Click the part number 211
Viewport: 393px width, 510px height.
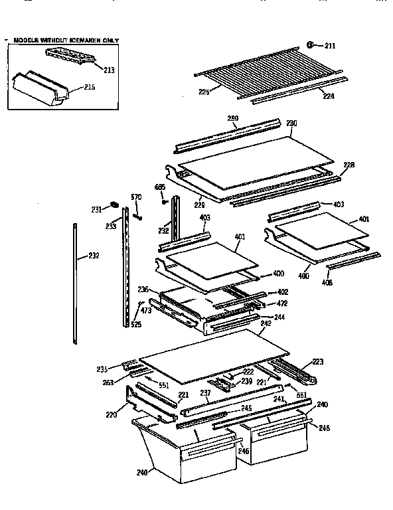(x=330, y=46)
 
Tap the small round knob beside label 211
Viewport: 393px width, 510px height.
(x=310, y=45)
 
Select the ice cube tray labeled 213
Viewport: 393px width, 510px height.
(x=74, y=58)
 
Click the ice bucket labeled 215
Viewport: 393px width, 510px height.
(x=44, y=87)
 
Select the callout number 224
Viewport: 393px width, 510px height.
(x=329, y=96)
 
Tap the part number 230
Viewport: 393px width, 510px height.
(x=291, y=123)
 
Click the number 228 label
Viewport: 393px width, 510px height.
(x=349, y=164)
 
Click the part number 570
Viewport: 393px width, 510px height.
(x=136, y=196)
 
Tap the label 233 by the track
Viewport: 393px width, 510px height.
(x=110, y=226)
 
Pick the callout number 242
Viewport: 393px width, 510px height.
(x=266, y=324)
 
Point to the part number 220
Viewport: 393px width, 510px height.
(x=112, y=415)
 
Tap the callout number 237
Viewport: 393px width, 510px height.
(x=205, y=393)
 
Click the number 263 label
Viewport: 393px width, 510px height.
(x=108, y=382)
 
